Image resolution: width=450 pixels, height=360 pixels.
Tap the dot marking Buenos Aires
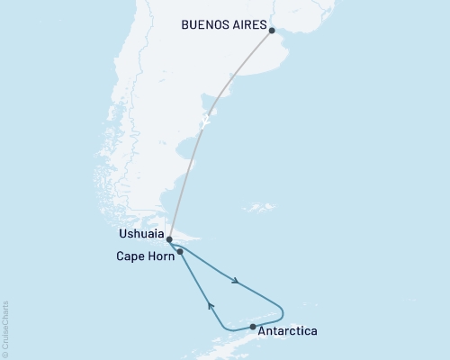pos(272,29)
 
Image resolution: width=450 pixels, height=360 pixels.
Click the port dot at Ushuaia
pos(169,239)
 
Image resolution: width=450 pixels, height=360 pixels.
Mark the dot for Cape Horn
pos(181,252)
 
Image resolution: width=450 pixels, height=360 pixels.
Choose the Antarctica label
pos(287,331)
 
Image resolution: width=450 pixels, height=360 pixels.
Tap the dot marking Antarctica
pos(253,327)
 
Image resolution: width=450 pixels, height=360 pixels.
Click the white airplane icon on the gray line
pos(207,121)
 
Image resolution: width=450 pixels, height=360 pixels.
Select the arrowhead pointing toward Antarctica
pos(236,281)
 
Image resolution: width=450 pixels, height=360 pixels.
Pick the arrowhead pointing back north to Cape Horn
pos(211,306)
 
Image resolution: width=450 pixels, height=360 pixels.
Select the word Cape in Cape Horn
pos(129,256)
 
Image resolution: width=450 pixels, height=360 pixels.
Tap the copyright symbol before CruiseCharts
pos(5,354)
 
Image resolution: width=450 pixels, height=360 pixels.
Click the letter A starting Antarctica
pos(262,331)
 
